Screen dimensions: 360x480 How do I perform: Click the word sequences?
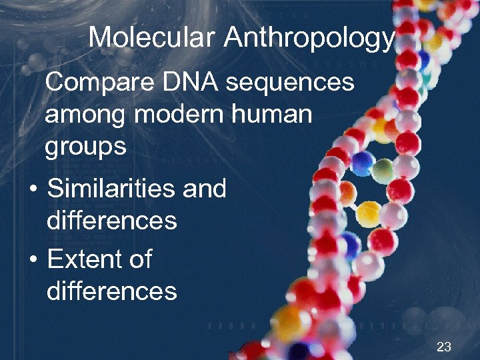[290, 83]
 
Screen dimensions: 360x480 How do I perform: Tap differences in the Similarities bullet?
[111, 220]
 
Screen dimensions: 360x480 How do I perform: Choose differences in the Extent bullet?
[111, 291]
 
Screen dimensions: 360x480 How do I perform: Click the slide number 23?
[443, 346]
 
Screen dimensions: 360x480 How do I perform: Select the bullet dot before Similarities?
[32, 190]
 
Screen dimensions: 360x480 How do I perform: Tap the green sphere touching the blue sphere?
[382, 169]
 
